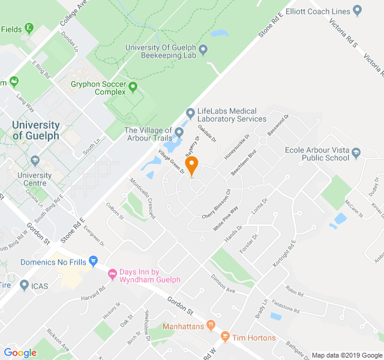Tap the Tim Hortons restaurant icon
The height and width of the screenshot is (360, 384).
click(225, 338)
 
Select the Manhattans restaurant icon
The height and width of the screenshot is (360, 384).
click(210, 326)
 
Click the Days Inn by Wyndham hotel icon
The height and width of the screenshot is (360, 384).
click(112, 274)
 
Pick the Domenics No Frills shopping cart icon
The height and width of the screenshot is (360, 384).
click(93, 262)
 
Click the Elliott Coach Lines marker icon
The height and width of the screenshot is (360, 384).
click(358, 10)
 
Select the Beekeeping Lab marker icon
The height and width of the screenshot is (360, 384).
click(203, 49)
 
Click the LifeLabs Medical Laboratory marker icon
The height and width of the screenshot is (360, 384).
click(190, 112)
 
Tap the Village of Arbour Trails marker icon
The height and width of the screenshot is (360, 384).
click(179, 131)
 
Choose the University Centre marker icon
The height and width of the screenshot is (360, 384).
click(35, 160)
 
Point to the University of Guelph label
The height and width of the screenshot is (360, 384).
click(37, 130)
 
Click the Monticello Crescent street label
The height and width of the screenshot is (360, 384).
click(143, 197)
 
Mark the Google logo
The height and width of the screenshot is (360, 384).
click(20, 353)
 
